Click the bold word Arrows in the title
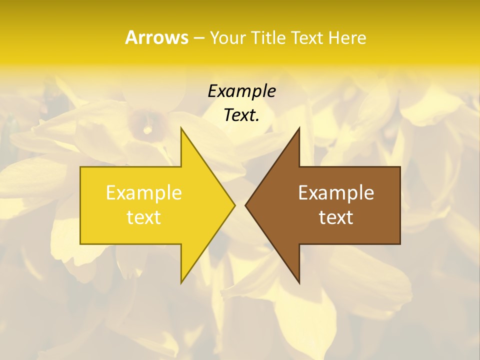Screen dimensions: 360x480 [x=156, y=37]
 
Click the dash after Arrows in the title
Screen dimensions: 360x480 [x=198, y=38]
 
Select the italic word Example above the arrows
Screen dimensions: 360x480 [x=242, y=91]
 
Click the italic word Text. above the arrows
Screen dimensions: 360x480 [x=242, y=115]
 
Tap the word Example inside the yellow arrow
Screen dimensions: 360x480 [x=144, y=192]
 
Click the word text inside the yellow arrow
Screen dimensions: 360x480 [x=144, y=217]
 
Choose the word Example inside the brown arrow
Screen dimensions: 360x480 [x=336, y=192]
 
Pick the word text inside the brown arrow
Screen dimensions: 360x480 [x=336, y=217]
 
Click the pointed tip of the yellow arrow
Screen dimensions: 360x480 [x=234, y=205]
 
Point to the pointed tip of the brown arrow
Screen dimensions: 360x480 [x=246, y=205]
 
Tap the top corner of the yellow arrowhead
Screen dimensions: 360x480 [x=181, y=128]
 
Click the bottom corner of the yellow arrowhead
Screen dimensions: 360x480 [x=181, y=282]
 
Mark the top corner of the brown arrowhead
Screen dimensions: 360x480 [x=298, y=128]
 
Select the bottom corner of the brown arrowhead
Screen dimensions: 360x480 [x=298, y=282]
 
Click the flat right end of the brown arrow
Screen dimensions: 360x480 [x=399, y=205]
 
